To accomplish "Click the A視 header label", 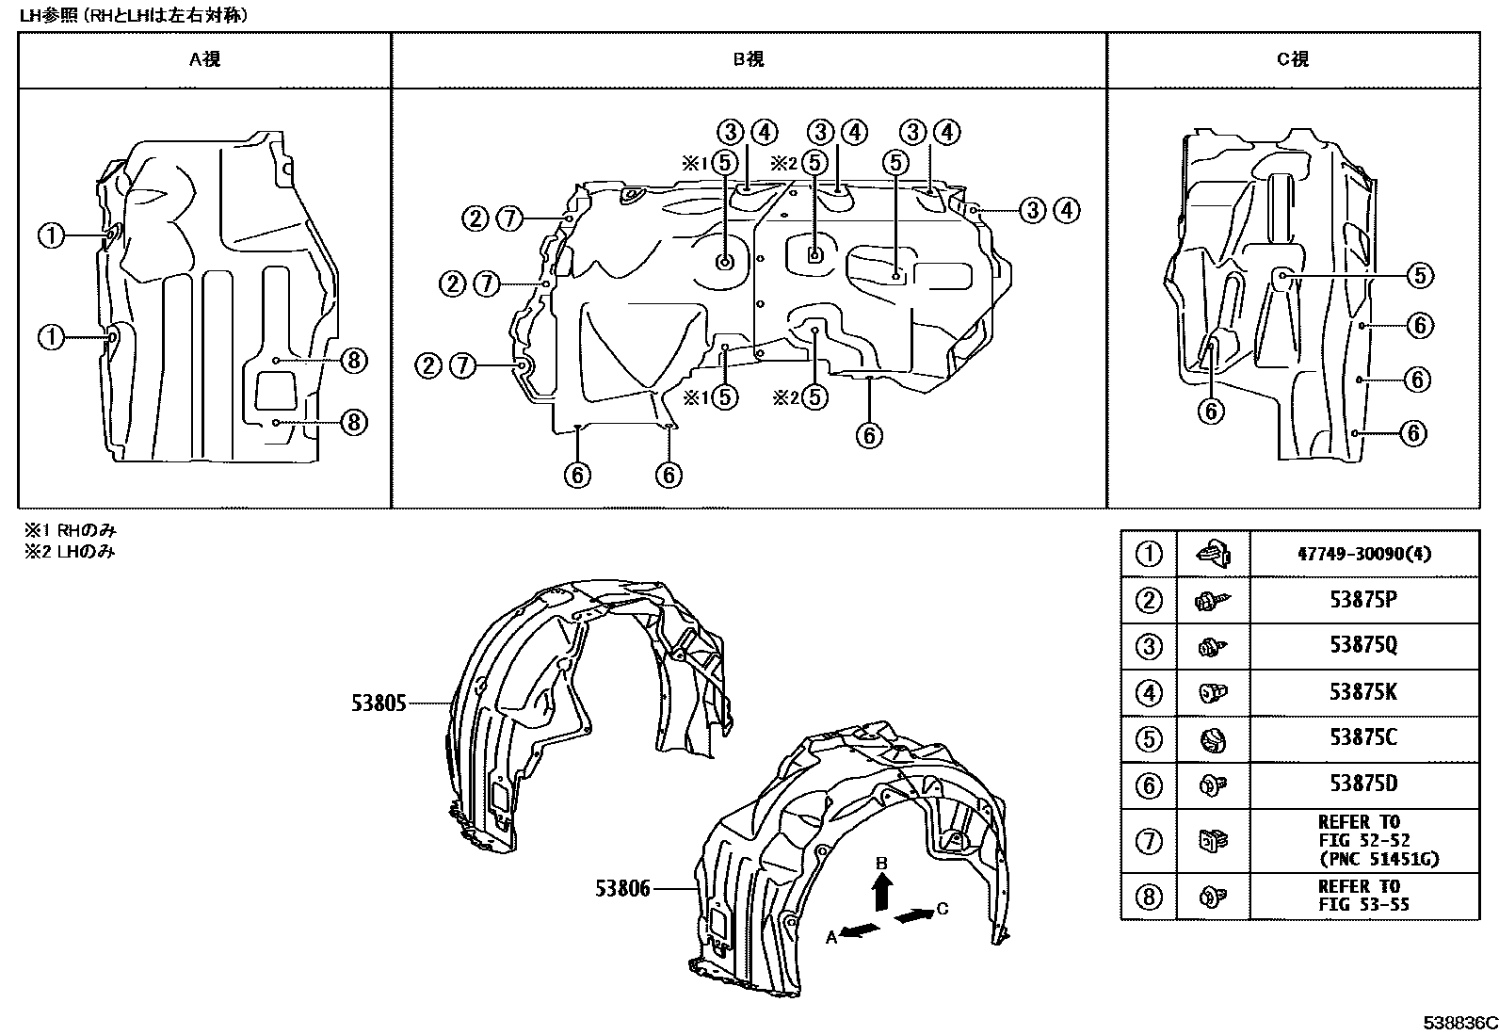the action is [204, 59].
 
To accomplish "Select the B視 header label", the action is [749, 59].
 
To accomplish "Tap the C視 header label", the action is [1293, 59].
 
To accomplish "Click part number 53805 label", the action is [379, 703].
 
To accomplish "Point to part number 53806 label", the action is [622, 888].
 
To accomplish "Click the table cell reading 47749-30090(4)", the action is [1363, 555].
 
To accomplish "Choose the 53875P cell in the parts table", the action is [1363, 600].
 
